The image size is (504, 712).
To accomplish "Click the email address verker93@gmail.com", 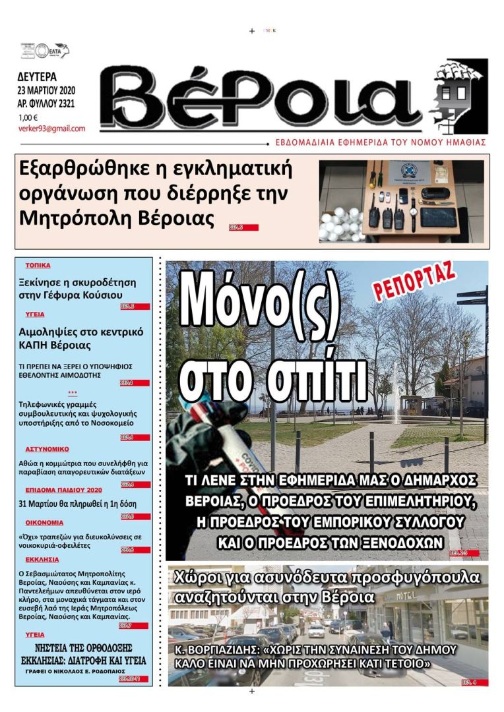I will point(51,129).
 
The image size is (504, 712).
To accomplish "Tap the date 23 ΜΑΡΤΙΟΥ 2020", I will point(46,90).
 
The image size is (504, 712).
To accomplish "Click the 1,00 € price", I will point(28,118).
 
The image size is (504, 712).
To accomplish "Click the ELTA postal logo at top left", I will point(46,51).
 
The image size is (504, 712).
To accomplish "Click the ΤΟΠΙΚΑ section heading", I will point(38,266).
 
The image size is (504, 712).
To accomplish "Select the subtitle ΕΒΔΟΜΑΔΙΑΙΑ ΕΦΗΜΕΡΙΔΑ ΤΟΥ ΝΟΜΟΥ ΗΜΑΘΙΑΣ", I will point(381,142).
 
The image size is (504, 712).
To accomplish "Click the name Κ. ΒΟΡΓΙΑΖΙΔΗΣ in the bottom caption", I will point(214,650).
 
